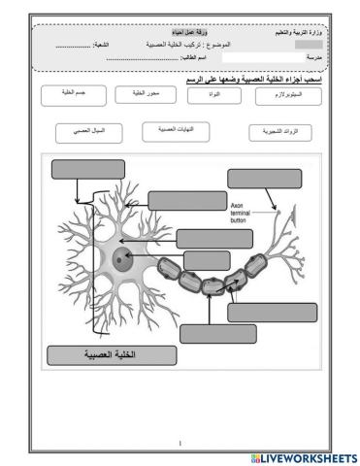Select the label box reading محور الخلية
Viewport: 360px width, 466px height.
pyautogui.click(x=138, y=94)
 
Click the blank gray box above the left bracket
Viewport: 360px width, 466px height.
pyautogui.click(x=82, y=168)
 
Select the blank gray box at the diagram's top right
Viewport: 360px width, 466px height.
pyautogui.click(x=265, y=178)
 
